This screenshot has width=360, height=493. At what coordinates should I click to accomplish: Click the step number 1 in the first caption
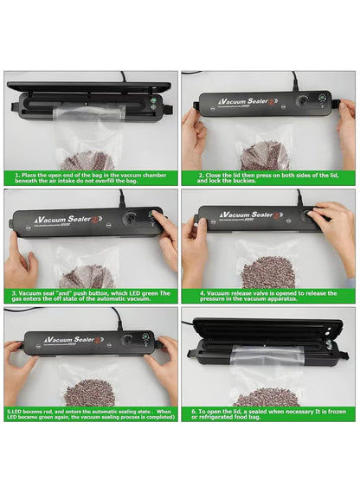tap(17, 175)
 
